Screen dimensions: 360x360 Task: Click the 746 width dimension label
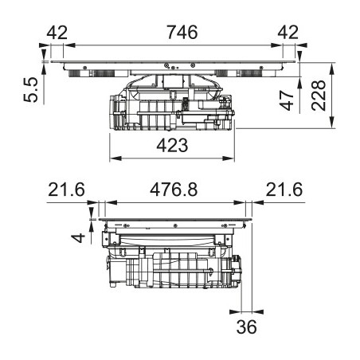click(182, 32)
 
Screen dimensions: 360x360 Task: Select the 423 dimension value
click(172, 145)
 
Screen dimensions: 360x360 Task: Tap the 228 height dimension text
click(319, 95)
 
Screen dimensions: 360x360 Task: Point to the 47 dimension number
click(287, 100)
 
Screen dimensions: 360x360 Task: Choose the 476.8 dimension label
click(174, 190)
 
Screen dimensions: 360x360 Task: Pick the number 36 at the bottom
click(246, 327)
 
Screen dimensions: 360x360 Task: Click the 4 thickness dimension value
click(78, 237)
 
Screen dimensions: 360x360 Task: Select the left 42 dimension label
click(57, 33)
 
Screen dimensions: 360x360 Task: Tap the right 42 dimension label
click(288, 33)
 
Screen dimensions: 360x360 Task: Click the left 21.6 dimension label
click(66, 190)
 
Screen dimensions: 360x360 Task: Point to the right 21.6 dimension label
click(284, 190)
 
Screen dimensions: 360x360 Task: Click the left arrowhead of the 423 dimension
click(115, 158)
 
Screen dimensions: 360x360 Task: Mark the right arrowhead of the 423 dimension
click(229, 158)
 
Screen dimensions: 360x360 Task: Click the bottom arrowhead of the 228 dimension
click(331, 123)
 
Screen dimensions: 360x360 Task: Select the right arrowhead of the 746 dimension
click(276, 45)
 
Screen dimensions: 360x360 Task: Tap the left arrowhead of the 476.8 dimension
click(112, 202)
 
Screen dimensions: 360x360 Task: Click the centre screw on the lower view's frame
click(175, 225)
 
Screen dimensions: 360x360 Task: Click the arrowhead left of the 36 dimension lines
click(236, 311)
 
